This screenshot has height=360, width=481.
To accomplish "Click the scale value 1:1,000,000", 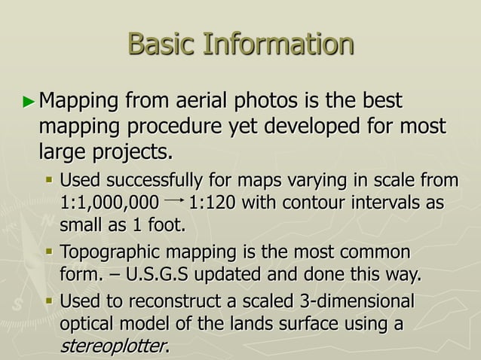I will (x=109, y=204).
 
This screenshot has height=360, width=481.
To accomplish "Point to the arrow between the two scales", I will (x=173, y=203).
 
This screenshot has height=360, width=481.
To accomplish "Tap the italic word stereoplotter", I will (x=113, y=346).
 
